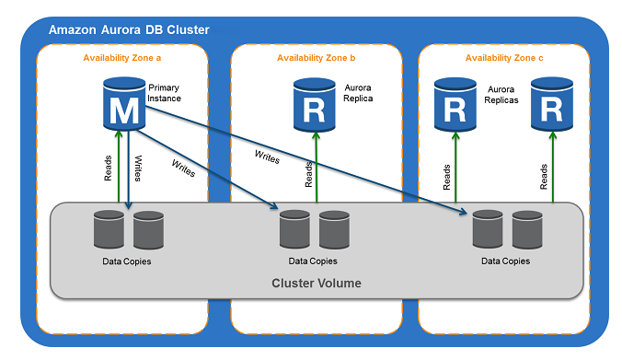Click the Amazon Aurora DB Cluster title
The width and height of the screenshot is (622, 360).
128,29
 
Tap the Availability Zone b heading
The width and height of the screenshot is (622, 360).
316,59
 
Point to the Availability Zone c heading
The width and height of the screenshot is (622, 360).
503,59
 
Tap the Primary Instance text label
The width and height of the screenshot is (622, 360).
164,92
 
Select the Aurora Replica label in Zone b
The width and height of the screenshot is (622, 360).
358,92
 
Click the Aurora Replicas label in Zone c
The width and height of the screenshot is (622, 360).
502,94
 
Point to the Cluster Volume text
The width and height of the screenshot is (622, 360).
316,283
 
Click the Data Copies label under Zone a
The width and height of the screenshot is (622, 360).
127,261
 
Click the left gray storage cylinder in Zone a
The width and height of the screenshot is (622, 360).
108,230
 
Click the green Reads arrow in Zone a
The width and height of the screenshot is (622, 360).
118,170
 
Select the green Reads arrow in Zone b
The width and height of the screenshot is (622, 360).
317,170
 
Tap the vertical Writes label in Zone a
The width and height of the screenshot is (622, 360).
139,168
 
